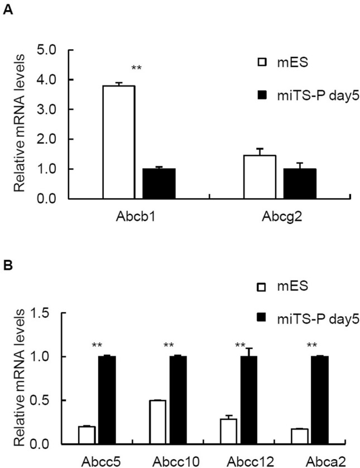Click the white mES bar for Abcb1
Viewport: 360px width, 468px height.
pyautogui.click(x=119, y=142)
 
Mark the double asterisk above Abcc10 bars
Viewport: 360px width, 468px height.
pyautogui.click(x=169, y=345)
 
